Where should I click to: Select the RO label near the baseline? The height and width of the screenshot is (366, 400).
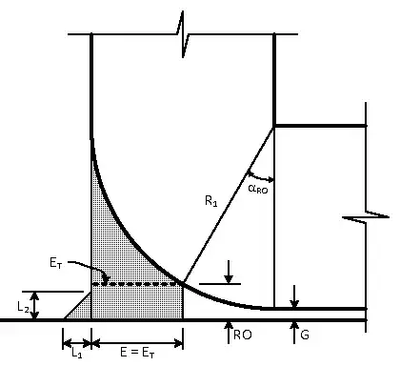[241, 336]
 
